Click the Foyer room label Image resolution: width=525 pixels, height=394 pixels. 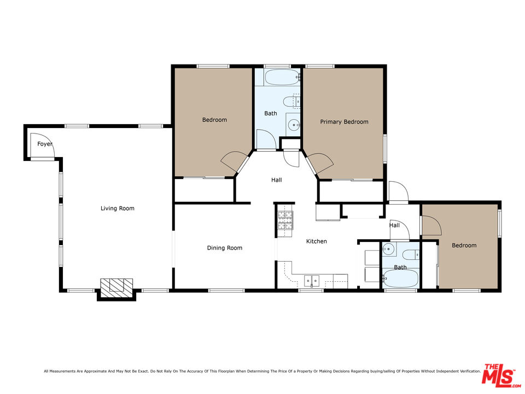coord(45,144)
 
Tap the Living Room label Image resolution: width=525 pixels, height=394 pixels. coord(118,208)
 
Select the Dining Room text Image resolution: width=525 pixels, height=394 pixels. coord(224,248)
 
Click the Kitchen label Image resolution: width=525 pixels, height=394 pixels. coord(316,241)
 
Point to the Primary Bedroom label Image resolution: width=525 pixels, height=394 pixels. coord(344,122)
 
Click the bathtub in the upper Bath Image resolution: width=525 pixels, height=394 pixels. coord(281,77)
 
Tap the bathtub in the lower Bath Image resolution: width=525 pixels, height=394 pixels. coord(400,279)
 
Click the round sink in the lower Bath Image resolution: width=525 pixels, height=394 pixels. coord(388,249)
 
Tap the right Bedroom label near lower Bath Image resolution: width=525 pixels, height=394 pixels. coord(464,245)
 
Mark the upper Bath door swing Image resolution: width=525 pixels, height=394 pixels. coord(264,140)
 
